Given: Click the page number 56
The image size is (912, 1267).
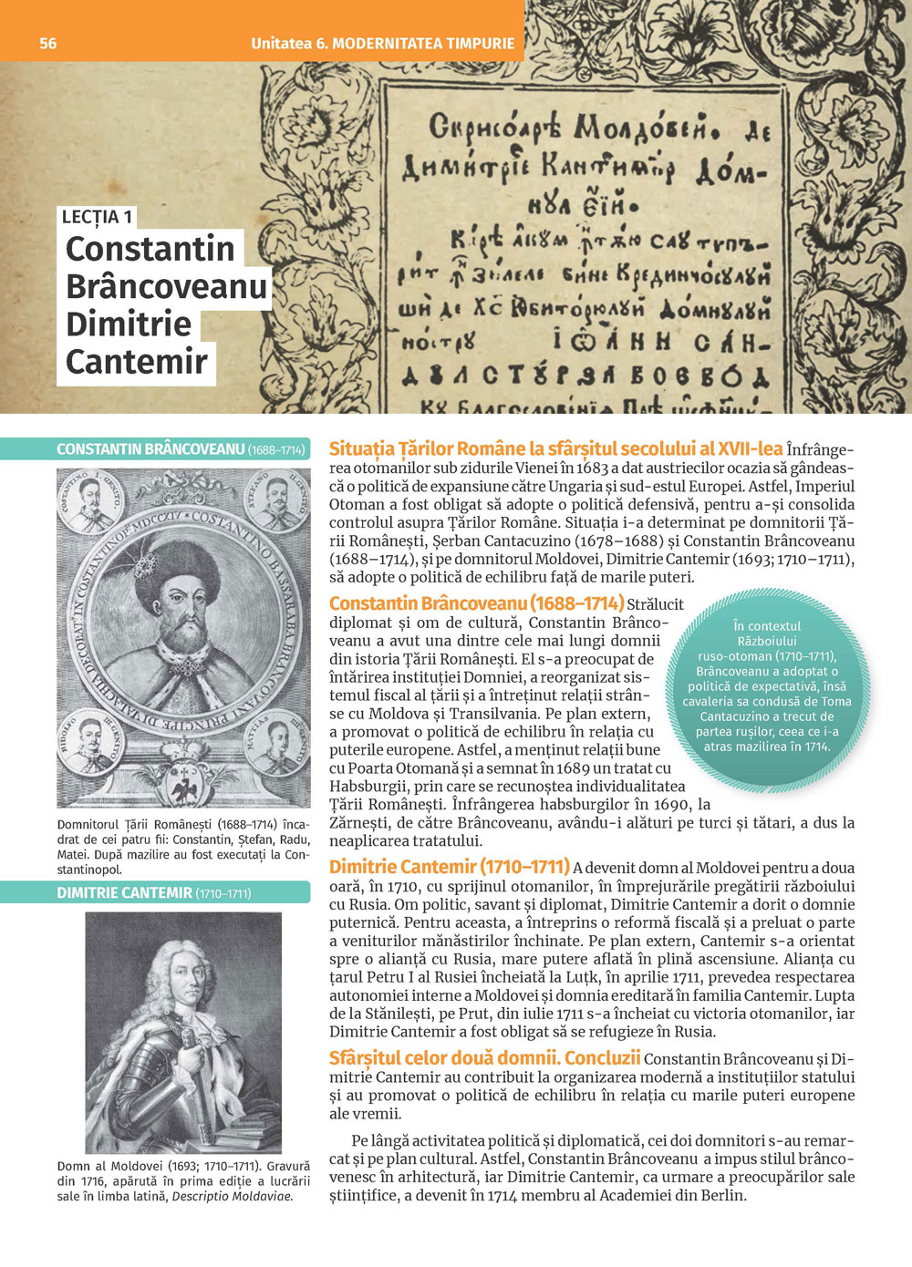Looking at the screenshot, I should tap(47, 44).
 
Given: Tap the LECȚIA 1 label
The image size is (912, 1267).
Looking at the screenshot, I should tap(97, 217).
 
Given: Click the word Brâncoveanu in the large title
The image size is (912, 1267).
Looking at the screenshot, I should tap(166, 286).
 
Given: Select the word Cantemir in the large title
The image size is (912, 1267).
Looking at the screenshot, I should tap(137, 362).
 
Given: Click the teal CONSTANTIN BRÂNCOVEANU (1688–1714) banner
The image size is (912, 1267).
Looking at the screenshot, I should tap(180, 449).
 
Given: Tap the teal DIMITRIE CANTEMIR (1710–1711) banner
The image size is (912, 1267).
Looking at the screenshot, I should tap(153, 893).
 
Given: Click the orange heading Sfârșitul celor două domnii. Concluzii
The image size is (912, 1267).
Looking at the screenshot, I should tap(484, 1058).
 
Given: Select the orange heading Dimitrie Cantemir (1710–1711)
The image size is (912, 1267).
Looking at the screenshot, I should tap(449, 867).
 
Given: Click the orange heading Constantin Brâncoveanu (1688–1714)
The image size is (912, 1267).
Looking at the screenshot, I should tap(476, 603).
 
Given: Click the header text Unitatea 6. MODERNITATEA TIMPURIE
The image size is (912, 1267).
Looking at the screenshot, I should tap(382, 44).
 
